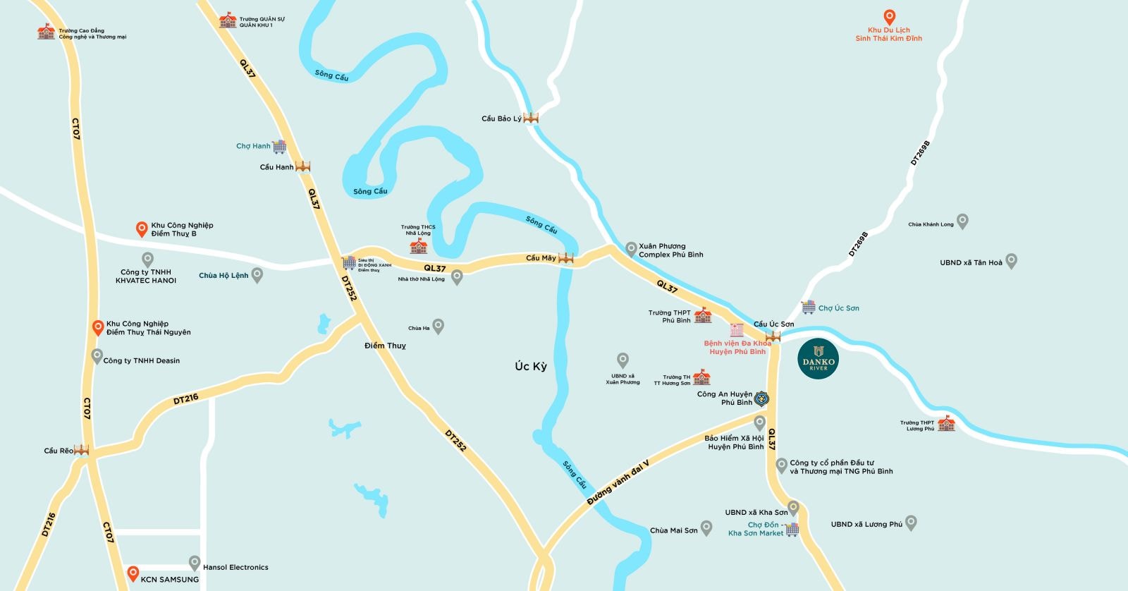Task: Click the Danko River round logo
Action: [819, 359]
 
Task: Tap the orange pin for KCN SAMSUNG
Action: [133, 573]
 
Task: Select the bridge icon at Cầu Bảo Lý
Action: [531, 118]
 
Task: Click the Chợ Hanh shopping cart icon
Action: [280, 147]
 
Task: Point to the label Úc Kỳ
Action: [530, 367]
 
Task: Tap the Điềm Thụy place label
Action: [385, 346]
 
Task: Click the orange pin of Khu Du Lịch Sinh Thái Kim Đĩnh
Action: [889, 17]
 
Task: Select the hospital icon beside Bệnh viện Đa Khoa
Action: [737, 330]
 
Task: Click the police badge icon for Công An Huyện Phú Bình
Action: [761, 399]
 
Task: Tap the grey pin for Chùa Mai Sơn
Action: [707, 528]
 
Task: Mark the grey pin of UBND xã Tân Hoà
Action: [1011, 261]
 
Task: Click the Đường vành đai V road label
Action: [618, 481]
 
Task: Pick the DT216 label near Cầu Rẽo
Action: [185, 399]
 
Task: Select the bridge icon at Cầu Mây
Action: [565, 258]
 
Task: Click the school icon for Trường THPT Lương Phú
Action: [946, 423]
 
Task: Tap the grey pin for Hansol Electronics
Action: [195, 563]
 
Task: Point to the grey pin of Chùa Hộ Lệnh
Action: [257, 274]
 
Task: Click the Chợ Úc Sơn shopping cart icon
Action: [808, 307]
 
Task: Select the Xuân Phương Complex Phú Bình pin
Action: [631, 248]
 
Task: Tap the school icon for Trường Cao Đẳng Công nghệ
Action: [46, 31]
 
